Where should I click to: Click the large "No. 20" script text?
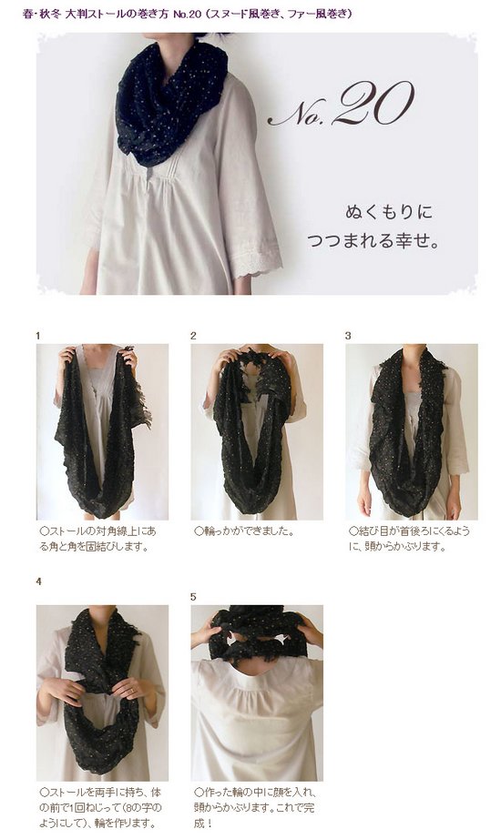[342, 104]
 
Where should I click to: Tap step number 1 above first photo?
[38, 336]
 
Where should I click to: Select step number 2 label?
[193, 336]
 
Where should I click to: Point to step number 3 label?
[348, 336]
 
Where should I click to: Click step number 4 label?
[38, 581]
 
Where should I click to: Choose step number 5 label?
[193, 597]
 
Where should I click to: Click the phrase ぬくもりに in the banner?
[388, 212]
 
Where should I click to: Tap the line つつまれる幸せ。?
[373, 240]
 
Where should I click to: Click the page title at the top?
[188, 14]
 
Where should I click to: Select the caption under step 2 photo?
[244, 531]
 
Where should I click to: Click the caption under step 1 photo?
[98, 539]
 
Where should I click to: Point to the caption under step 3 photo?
[409, 539]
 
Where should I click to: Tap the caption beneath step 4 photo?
[100, 807]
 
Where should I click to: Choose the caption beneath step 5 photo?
[254, 807]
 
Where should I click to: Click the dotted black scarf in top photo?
[170, 102]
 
